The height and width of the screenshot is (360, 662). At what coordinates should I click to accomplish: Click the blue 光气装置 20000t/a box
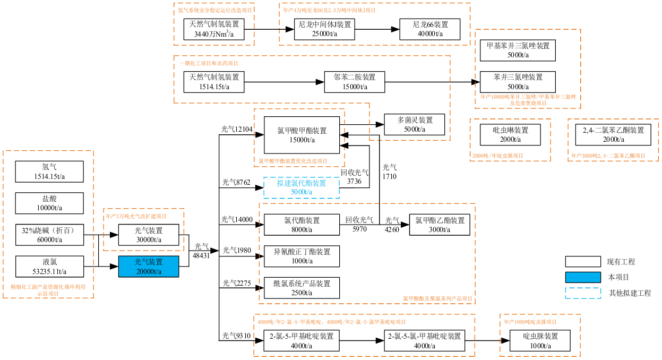point(148,266)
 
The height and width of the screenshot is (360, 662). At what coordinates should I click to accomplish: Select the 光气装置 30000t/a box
point(148,235)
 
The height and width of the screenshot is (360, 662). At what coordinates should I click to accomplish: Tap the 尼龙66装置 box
point(431,29)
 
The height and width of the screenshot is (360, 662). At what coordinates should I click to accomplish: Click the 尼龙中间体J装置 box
point(324,29)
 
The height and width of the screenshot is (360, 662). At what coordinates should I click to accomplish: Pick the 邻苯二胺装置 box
point(354,82)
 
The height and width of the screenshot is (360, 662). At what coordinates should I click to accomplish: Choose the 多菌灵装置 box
point(415,124)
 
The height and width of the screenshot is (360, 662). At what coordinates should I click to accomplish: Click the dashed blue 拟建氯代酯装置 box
point(301,187)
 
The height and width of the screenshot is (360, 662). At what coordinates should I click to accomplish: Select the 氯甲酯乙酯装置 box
point(440,225)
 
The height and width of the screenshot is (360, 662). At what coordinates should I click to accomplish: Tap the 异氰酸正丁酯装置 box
point(301,256)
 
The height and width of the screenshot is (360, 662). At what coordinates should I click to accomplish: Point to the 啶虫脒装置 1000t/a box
point(540,340)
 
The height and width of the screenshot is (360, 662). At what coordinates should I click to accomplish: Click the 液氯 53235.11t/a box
point(50,267)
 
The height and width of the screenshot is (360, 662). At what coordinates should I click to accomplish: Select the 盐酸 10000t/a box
point(50,203)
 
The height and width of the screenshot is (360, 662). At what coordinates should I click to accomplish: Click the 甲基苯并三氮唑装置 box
point(518,50)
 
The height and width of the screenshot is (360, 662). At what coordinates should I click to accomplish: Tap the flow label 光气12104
point(237,129)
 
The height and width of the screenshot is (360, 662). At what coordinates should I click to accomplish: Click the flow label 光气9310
point(236,336)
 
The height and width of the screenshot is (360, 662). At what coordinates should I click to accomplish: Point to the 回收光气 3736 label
point(354,177)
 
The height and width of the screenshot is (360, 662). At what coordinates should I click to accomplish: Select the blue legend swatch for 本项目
point(582,277)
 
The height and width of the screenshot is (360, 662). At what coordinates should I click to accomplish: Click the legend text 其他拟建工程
point(630,293)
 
